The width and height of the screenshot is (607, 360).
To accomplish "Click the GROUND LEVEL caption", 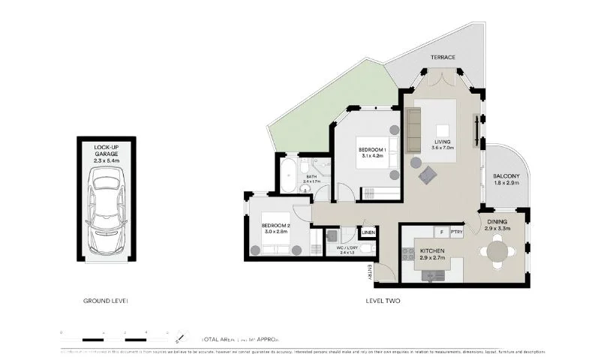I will [x=105, y=301].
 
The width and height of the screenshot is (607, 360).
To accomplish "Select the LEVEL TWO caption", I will [x=383, y=301].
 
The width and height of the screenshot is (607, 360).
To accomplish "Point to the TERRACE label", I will [x=443, y=57].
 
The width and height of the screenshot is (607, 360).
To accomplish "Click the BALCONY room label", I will [x=507, y=177].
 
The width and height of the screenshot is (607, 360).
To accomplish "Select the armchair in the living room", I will [x=428, y=175].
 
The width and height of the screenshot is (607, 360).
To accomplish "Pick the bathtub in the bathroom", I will [x=287, y=178].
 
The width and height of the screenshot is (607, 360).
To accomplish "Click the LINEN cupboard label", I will [x=368, y=233].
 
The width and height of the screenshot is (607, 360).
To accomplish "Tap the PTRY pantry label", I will [x=456, y=232].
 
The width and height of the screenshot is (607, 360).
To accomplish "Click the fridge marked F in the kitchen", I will [x=443, y=232].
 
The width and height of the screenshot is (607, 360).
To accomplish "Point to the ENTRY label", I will [x=370, y=272].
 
